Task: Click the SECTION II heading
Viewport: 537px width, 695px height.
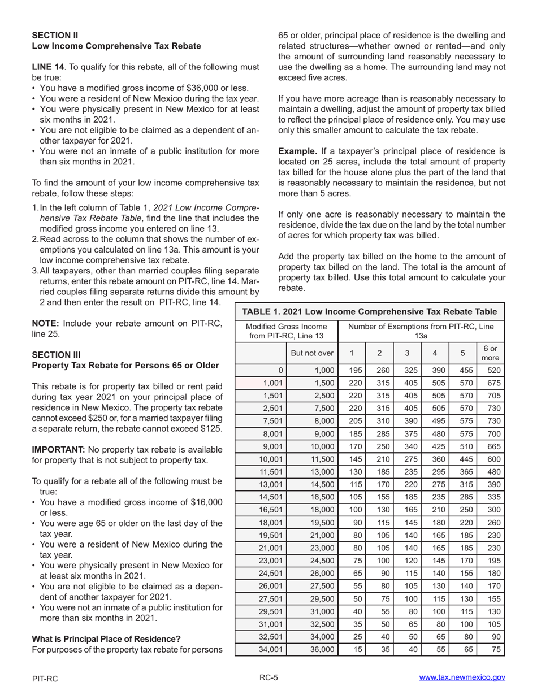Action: pos(55,35)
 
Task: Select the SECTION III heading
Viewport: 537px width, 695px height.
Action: pos(57,355)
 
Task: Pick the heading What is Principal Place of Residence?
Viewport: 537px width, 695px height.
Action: pos(106,639)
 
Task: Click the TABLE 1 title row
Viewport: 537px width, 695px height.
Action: pos(369,312)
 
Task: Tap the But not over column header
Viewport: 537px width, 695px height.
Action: pos(312,354)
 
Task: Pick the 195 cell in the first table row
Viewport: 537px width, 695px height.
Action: pos(352,371)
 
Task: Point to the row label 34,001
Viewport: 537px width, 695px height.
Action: pos(271,650)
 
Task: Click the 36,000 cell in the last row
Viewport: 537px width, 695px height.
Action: pos(322,650)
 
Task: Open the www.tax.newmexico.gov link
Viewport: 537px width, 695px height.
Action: pos(462,678)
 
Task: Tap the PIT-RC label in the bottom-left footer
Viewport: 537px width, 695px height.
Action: pos(45,679)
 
